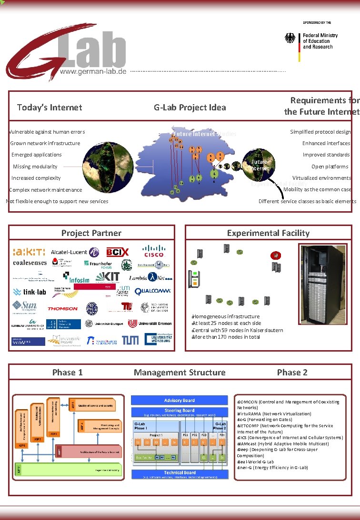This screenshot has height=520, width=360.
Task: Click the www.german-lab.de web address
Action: click(93, 71)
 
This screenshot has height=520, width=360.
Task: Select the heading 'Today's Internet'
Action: click(50, 108)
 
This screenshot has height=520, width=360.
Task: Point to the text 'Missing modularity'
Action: click(35, 167)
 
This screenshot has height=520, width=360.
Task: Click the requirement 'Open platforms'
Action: click(330, 167)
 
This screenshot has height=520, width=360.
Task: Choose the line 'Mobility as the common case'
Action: click(317, 189)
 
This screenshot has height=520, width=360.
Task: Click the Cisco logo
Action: click(153, 251)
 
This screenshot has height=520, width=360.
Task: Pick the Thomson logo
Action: click(62, 308)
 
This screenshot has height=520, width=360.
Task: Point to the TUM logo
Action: click(130, 340)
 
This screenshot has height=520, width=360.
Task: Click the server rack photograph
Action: click(323, 285)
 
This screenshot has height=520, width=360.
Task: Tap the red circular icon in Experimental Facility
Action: click(275, 256)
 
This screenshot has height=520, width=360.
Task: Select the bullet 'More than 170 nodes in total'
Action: click(226, 337)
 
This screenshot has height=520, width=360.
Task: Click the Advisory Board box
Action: click(180, 401)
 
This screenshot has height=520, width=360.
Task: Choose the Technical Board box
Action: click(180, 473)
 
